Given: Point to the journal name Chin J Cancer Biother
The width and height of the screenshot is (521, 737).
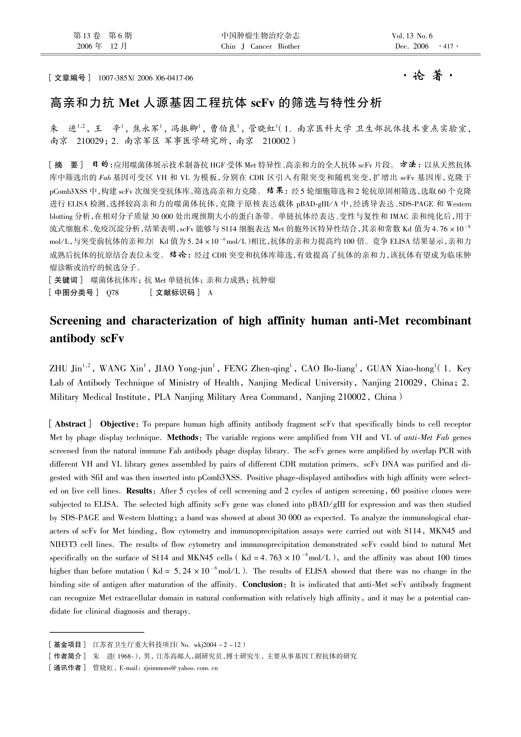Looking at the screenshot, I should click(260, 47).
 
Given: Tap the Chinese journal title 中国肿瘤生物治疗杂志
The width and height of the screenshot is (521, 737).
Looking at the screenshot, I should click(260, 36).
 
